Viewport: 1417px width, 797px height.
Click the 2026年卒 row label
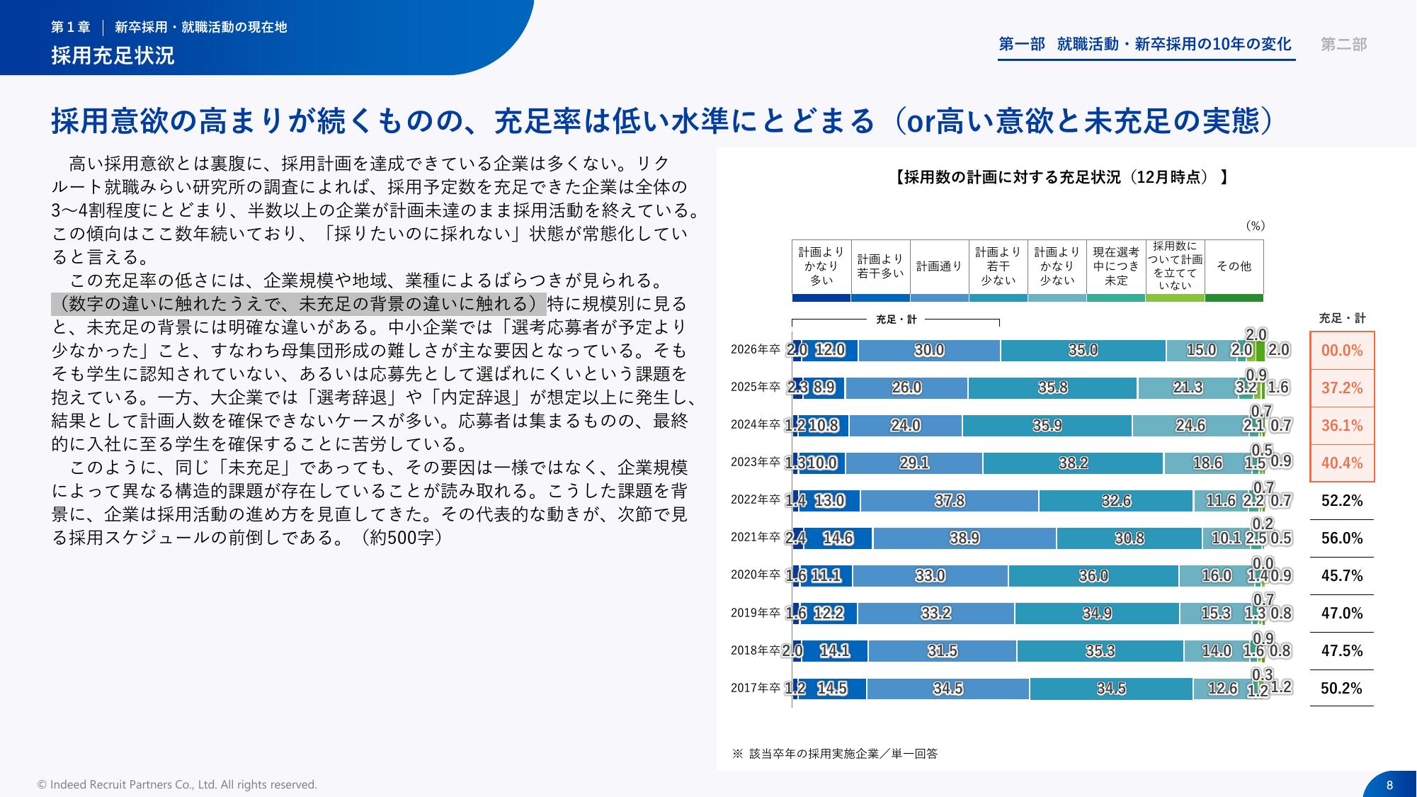(x=755, y=350)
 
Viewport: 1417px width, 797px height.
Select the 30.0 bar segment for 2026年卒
(x=929, y=351)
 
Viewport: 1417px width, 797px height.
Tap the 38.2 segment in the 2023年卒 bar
(x=1073, y=463)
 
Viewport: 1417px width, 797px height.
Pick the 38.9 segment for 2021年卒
(x=964, y=538)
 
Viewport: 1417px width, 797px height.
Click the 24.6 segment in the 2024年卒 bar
(x=1190, y=426)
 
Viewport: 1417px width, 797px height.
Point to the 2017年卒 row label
(x=755, y=688)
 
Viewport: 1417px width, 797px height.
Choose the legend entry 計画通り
(x=939, y=266)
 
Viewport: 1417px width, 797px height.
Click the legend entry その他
(x=1234, y=266)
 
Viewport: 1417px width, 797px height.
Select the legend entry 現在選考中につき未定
(x=1116, y=266)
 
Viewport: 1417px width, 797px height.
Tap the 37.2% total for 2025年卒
(x=1342, y=388)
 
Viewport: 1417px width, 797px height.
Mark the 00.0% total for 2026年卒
(x=1342, y=351)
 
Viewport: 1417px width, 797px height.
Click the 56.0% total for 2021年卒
(x=1342, y=538)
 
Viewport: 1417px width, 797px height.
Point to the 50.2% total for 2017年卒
(x=1342, y=689)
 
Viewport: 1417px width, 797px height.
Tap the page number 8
(x=1389, y=785)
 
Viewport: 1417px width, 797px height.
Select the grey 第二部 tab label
(x=1343, y=45)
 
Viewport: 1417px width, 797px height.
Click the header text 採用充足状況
(x=113, y=55)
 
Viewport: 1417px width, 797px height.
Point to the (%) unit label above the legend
(x=1255, y=226)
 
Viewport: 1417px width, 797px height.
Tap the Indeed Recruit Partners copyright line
(x=177, y=785)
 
